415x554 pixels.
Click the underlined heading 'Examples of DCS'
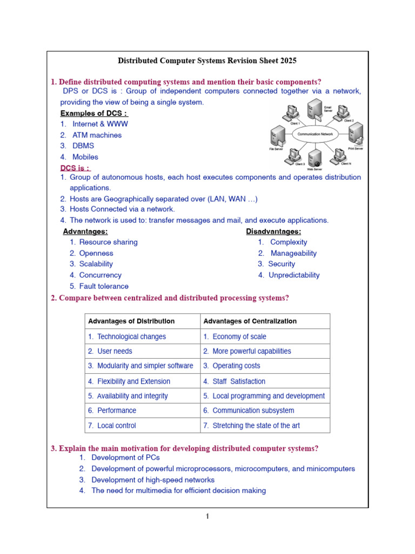pyautogui.click(x=94, y=113)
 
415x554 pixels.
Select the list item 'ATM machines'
pyautogui.click(x=97, y=135)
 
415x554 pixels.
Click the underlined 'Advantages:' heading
pyautogui.click(x=85, y=232)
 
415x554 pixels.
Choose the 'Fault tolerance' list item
pyautogui.click(x=104, y=286)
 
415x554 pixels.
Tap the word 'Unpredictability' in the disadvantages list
pyautogui.click(x=295, y=275)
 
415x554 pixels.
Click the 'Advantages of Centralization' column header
pyautogui.click(x=250, y=321)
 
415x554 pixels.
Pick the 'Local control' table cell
pyautogui.click(x=117, y=426)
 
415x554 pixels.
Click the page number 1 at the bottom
pyautogui.click(x=207, y=517)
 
